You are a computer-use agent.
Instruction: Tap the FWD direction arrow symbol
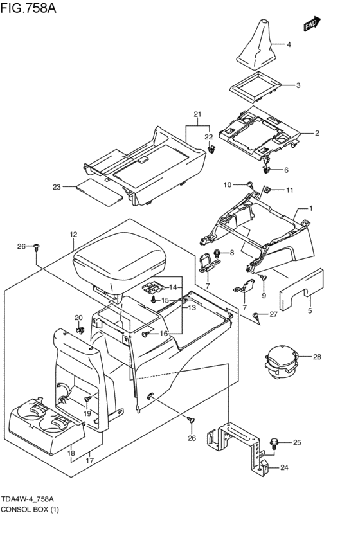point(312,24)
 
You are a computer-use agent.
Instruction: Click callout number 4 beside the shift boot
point(289,44)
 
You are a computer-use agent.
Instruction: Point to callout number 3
point(298,85)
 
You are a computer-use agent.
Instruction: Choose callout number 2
point(317,133)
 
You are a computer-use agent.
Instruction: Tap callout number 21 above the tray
point(197,114)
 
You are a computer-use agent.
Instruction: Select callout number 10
point(227,185)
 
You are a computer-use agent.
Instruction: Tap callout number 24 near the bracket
point(284,468)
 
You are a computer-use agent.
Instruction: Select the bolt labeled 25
point(275,443)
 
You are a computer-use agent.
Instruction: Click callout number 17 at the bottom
point(91,460)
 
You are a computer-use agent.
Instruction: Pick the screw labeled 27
point(257,315)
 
